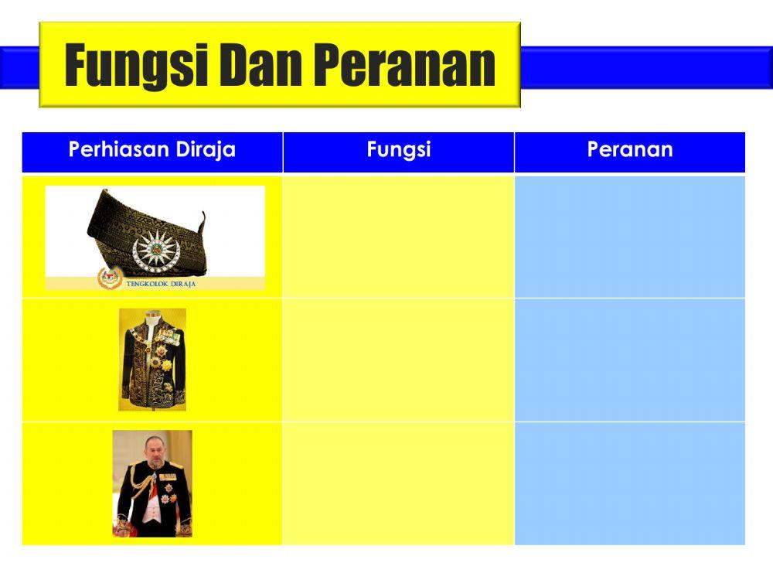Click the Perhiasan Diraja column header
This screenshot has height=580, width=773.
(152, 150)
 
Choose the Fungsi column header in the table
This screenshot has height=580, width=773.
(398, 150)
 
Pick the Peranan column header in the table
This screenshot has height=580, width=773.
(630, 150)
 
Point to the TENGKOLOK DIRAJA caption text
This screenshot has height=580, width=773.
(161, 284)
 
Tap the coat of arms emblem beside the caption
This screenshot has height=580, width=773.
(110, 278)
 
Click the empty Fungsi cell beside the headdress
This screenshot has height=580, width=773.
(398, 236)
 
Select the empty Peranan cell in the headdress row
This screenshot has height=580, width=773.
(630, 236)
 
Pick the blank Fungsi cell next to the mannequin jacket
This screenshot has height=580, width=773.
(398, 360)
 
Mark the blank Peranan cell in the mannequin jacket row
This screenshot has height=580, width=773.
(630, 360)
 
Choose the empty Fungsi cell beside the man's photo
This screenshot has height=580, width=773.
(398, 483)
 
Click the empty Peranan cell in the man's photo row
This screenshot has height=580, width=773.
(630, 483)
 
